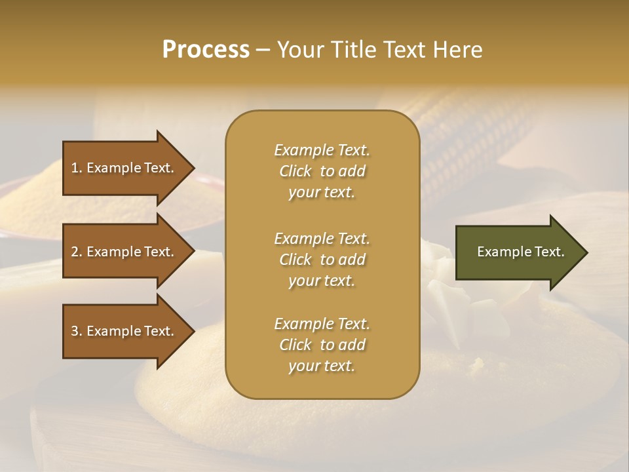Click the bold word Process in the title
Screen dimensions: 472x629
206,50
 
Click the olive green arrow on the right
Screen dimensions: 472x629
518,252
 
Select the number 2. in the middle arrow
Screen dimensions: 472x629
76,252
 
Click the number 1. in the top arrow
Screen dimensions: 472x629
76,168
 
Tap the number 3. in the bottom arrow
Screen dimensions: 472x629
76,331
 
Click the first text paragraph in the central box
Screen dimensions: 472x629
322,171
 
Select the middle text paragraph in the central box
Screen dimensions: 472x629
322,260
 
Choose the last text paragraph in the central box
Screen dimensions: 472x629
322,345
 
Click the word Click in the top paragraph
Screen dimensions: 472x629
295,171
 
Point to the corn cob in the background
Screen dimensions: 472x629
472,144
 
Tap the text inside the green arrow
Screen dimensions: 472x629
520,252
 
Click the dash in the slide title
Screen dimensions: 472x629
263,50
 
